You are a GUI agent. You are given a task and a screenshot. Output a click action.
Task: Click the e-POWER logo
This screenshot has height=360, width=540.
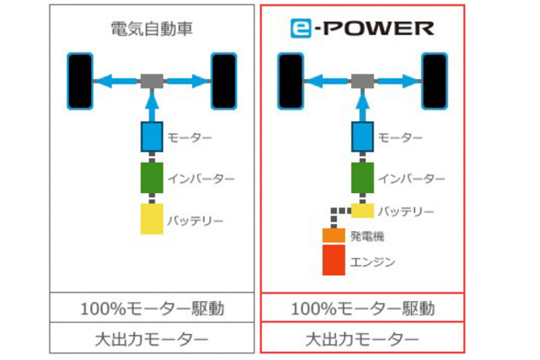[x=362, y=28]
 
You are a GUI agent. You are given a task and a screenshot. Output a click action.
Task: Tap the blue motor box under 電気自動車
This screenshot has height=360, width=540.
[x=152, y=137]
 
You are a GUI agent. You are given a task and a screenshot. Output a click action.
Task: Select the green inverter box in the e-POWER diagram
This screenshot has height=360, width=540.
[x=362, y=178]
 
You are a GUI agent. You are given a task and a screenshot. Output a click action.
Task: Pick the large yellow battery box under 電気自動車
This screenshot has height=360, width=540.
[x=152, y=219]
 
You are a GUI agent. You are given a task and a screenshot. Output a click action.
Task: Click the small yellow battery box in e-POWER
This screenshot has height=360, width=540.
[x=362, y=211]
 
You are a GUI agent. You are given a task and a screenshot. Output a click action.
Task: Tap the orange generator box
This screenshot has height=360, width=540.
[x=333, y=236]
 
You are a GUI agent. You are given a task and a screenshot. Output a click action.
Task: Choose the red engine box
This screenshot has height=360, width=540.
[x=333, y=260]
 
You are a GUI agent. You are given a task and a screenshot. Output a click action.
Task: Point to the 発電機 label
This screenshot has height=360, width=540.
[x=367, y=236]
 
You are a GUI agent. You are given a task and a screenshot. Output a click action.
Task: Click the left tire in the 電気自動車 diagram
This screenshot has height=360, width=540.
[x=80, y=81]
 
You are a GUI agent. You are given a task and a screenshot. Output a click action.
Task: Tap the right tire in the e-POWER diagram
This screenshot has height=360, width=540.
[x=434, y=81]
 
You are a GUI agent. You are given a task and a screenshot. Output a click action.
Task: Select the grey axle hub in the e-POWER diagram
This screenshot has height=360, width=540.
[x=362, y=81]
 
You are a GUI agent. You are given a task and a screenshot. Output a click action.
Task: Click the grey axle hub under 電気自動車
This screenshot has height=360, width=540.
[x=152, y=81]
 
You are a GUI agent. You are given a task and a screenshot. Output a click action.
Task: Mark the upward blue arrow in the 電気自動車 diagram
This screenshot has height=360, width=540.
[x=152, y=105]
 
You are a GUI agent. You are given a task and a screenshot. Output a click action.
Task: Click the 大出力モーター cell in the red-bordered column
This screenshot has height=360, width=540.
[x=362, y=338]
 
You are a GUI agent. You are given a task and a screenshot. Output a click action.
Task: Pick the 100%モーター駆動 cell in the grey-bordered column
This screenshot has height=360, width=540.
[x=152, y=309]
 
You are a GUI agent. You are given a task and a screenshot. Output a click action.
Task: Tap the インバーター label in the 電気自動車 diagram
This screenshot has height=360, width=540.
[x=200, y=179]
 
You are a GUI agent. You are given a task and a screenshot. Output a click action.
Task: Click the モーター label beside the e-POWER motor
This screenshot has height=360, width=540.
[x=399, y=138]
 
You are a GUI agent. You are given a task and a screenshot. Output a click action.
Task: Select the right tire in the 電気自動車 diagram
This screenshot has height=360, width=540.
[x=223, y=81]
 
